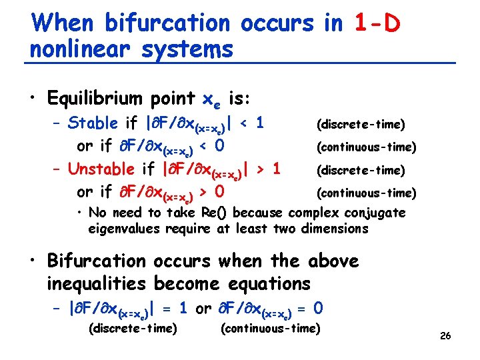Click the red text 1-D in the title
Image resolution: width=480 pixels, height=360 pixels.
(377, 24)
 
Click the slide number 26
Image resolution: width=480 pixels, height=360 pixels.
(445, 335)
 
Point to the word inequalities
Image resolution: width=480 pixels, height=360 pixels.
(98, 283)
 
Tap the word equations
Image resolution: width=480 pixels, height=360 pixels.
(269, 283)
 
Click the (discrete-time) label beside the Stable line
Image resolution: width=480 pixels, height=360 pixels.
(360, 125)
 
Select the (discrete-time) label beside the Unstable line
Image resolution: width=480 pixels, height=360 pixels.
(360, 170)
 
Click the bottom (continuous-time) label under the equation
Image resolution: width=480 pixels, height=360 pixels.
(271, 328)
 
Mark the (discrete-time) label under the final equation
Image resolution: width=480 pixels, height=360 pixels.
(133, 328)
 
